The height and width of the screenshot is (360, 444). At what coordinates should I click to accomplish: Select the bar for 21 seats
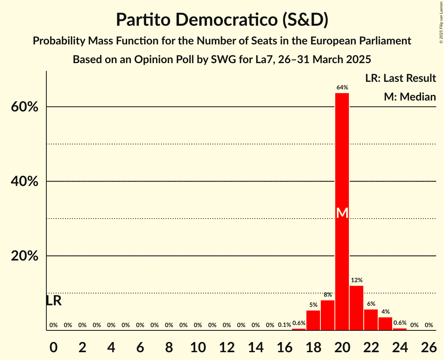click(x=356, y=308)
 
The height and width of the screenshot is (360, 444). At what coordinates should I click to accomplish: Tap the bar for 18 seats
click(x=313, y=320)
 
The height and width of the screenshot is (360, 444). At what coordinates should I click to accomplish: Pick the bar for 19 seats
click(x=327, y=315)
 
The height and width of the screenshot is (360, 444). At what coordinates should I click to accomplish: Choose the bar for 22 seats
click(x=371, y=319)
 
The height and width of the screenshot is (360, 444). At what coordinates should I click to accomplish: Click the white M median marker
click(x=342, y=213)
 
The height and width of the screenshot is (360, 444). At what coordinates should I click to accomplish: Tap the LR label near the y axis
click(x=53, y=301)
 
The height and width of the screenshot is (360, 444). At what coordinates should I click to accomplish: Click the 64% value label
click(x=342, y=88)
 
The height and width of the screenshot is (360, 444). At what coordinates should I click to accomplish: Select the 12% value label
click(x=356, y=280)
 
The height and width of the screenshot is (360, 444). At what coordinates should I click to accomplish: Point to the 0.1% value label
click(x=285, y=325)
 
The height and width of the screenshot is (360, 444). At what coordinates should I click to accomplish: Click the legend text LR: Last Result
click(x=400, y=78)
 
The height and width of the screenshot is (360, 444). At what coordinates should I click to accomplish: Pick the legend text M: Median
click(x=409, y=97)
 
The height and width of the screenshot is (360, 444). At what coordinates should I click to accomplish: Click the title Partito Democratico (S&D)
click(x=222, y=20)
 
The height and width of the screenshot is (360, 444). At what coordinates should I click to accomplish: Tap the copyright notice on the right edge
click(x=441, y=23)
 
